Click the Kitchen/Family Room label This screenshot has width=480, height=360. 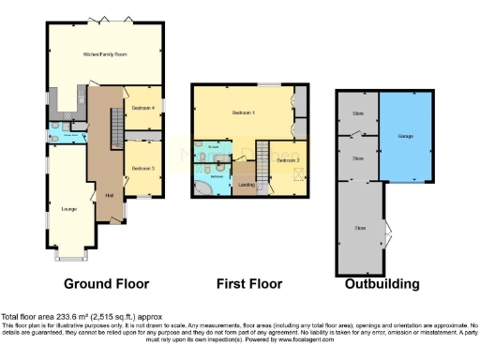pos(104,55)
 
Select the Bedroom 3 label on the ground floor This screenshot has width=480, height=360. pos(142,168)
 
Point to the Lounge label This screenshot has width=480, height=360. pos(68,208)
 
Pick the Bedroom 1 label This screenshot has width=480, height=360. pos(243,113)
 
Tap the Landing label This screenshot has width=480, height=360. pos(247,185)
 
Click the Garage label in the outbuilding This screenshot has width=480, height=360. pos(406,137)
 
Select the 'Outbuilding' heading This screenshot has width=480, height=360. pos(382,284)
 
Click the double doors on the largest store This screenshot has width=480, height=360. pos(386,228)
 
